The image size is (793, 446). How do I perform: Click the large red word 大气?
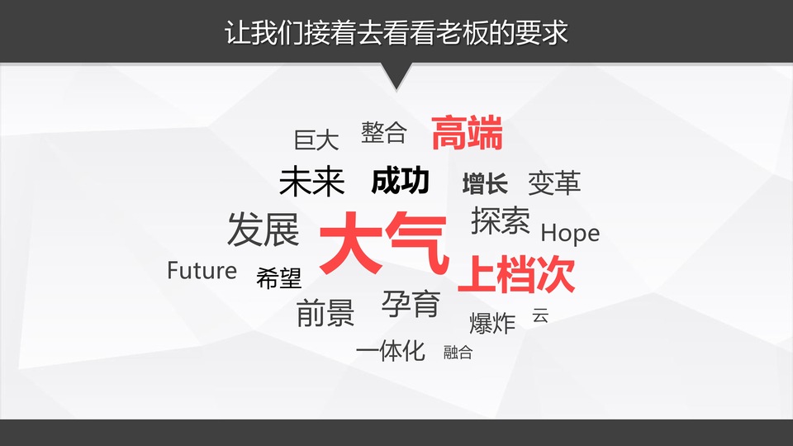pos(384,244)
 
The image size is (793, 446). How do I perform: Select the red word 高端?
pos(467,133)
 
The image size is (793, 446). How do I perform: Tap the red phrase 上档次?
pos(516,274)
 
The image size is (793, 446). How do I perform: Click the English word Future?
pos(202,271)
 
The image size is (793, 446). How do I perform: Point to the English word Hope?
pos(570,233)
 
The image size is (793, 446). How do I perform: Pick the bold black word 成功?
pos(400,181)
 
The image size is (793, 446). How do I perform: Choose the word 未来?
pos(311,182)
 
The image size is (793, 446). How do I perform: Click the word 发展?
pos(263,230)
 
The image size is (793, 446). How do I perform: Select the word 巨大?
pos(316,140)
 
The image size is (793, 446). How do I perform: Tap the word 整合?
pos(384,132)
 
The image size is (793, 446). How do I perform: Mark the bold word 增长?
pos(485,183)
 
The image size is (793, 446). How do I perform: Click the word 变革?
pos(553,183)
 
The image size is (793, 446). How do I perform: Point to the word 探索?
pos(501,221)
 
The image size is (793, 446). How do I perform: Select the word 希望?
pos(278,278)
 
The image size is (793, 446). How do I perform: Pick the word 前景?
pos(325,313)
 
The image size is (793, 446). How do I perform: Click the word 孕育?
pos(411,304)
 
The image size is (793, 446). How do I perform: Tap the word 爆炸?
pos(492,323)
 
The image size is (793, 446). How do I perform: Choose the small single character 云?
pos(540,315)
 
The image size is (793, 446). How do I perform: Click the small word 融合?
pos(458,352)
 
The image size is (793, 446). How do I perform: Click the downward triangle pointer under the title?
pos(396,75)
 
